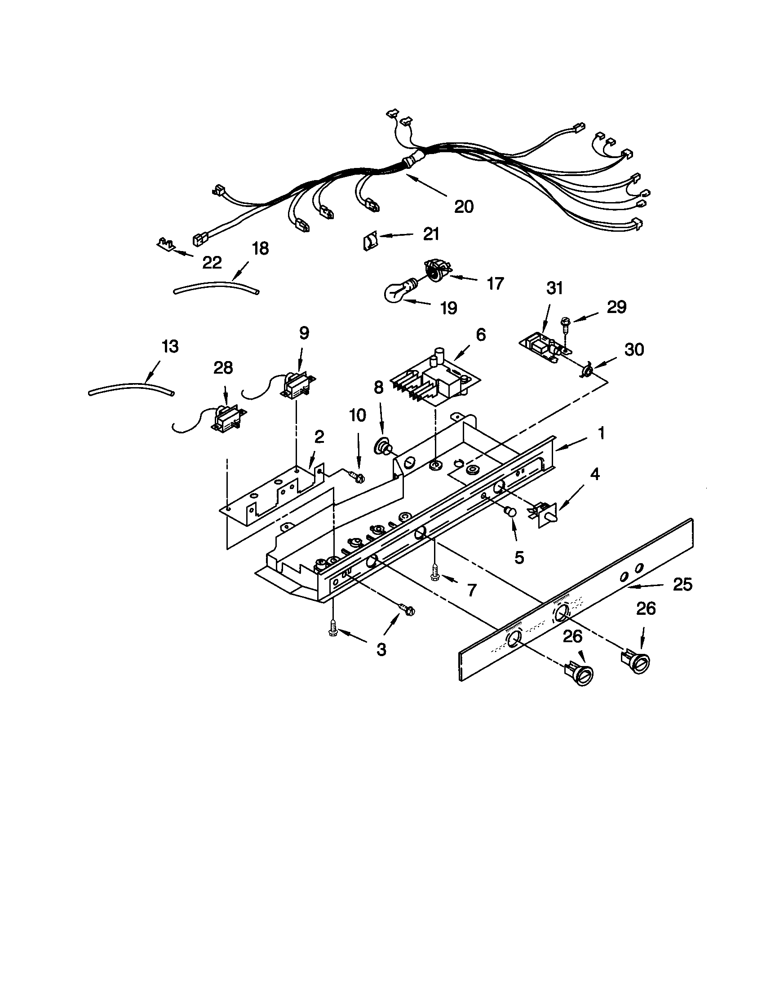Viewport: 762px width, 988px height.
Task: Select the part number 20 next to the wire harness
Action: coord(464,206)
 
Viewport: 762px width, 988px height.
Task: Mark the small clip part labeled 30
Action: coord(587,371)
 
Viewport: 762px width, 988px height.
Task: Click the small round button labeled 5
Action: coord(510,512)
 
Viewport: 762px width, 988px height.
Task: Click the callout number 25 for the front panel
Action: coord(682,585)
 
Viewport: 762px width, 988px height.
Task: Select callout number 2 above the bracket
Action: coord(319,437)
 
